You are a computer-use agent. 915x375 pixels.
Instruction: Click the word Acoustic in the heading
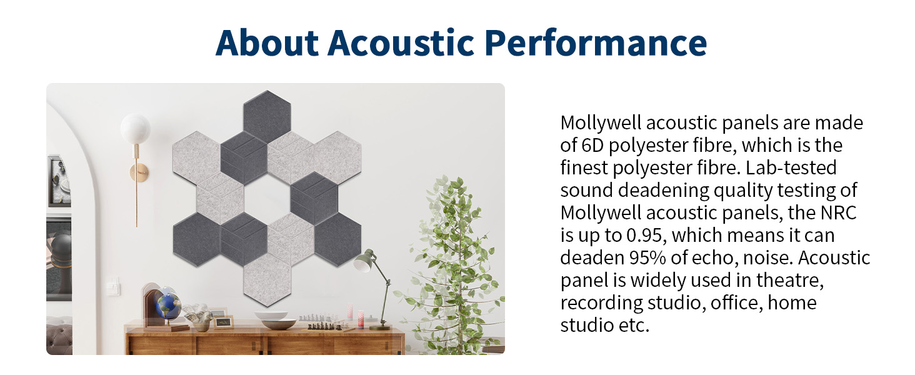pos(401,42)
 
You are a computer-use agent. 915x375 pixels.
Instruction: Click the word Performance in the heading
pos(596,42)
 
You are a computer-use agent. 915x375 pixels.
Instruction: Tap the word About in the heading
pos(267,42)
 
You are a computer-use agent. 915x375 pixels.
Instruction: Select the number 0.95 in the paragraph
pos(644,235)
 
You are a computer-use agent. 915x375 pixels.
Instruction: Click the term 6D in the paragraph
pos(592,146)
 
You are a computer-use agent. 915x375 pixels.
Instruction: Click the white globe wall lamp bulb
pos(135,128)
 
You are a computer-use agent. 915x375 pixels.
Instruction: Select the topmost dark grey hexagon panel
pos(267,117)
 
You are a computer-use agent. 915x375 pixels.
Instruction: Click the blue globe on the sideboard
pos(168,306)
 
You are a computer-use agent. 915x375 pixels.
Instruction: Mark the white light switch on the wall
pos(112,286)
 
